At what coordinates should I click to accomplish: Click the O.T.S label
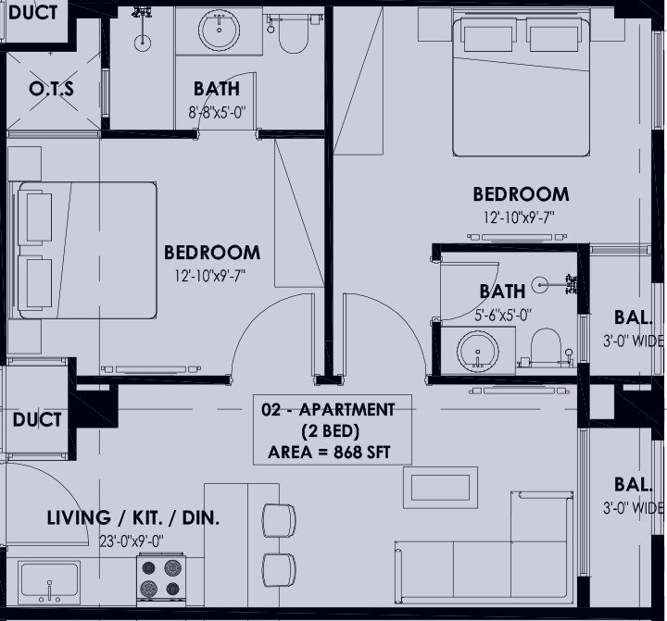tap(52, 89)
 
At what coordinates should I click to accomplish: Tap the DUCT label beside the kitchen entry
tap(37, 419)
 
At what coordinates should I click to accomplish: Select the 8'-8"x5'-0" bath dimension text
tap(218, 112)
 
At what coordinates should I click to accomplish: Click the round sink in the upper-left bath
tap(219, 30)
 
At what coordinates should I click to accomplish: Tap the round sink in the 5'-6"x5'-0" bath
tap(478, 352)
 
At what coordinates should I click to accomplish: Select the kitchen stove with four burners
tap(161, 579)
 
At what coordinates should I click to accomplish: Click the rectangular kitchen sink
tap(50, 580)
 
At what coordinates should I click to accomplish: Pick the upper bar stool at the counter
tap(279, 521)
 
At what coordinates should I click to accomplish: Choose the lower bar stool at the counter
tap(279, 570)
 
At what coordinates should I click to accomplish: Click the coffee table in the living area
tap(440, 488)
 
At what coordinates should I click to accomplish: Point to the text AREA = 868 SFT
tap(329, 453)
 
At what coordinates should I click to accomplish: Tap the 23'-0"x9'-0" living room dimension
tap(132, 541)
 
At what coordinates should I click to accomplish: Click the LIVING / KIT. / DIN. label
tap(132, 518)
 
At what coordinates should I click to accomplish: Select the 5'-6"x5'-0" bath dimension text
tap(503, 315)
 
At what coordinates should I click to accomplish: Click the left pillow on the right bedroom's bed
tap(486, 35)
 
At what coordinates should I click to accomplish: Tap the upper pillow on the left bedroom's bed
tap(39, 217)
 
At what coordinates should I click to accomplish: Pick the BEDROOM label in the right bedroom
tap(521, 194)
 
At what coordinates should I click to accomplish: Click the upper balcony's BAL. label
tap(633, 317)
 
